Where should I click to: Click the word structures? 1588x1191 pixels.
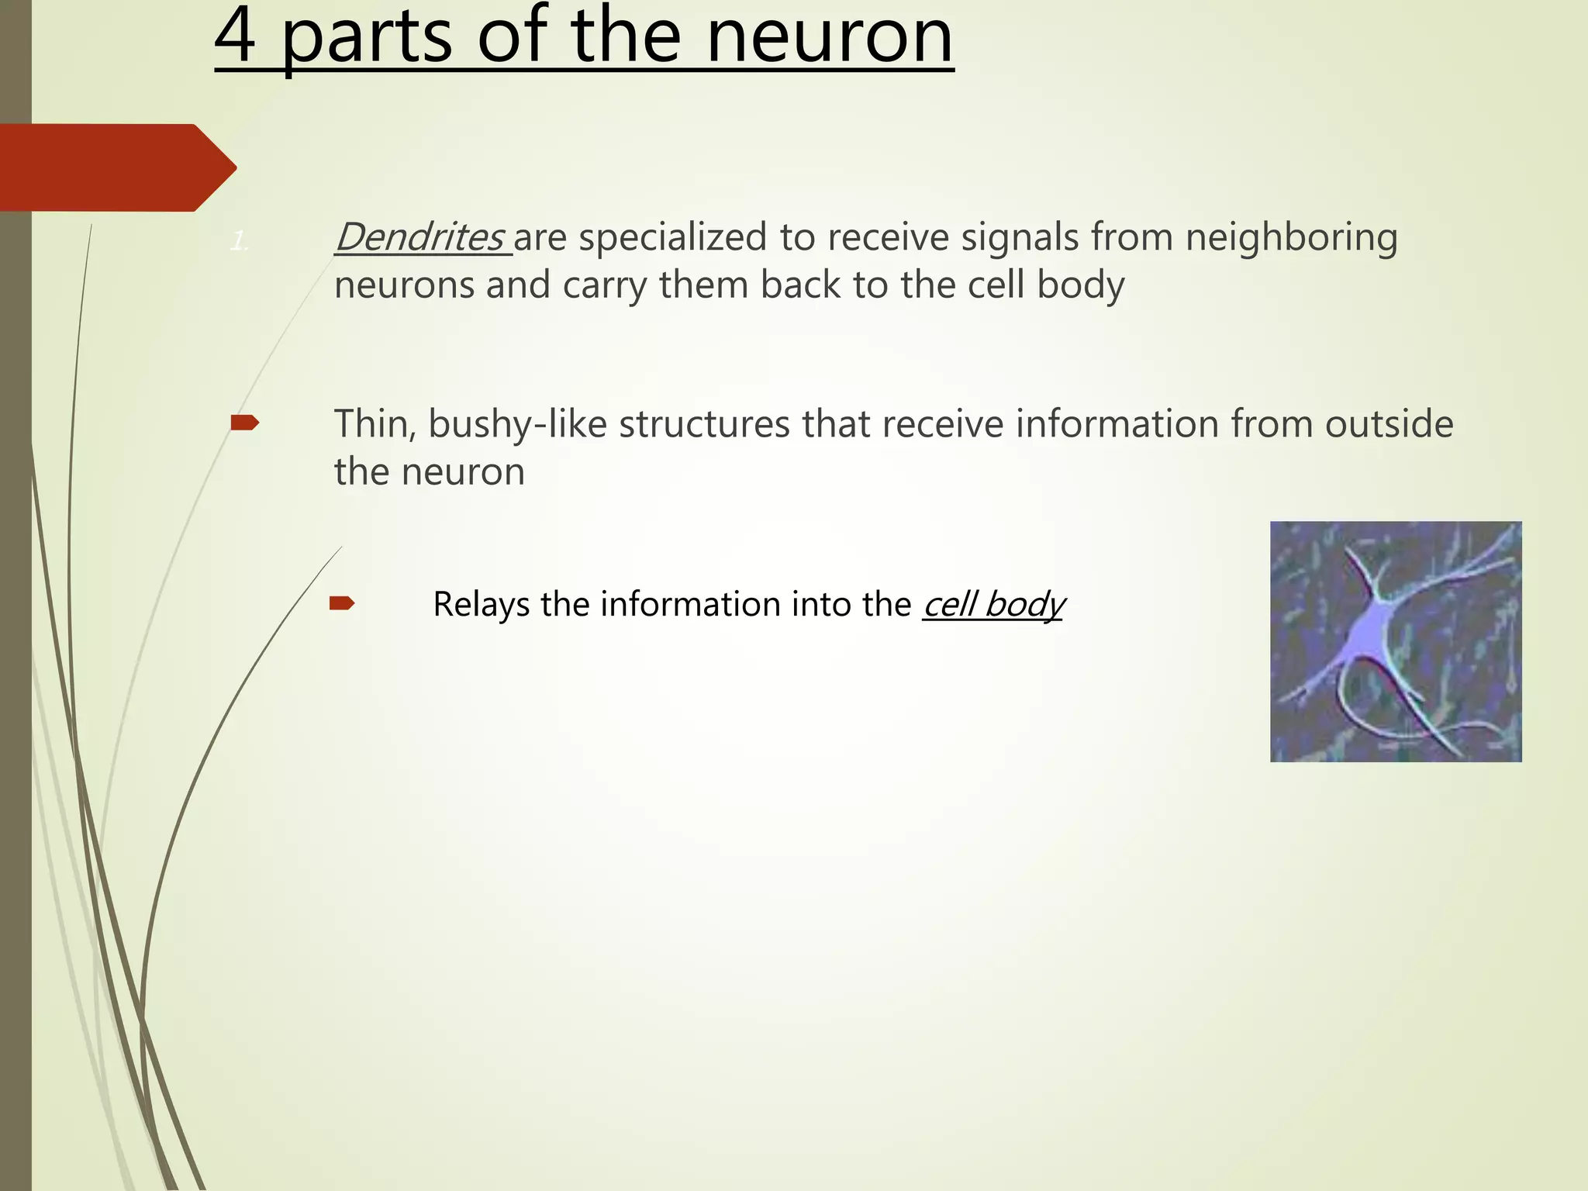704,424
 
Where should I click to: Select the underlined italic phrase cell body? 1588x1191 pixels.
993,604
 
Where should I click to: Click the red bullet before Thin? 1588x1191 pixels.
245,423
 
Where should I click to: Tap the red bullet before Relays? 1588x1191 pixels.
342,602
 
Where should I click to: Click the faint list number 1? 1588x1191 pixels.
239,243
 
